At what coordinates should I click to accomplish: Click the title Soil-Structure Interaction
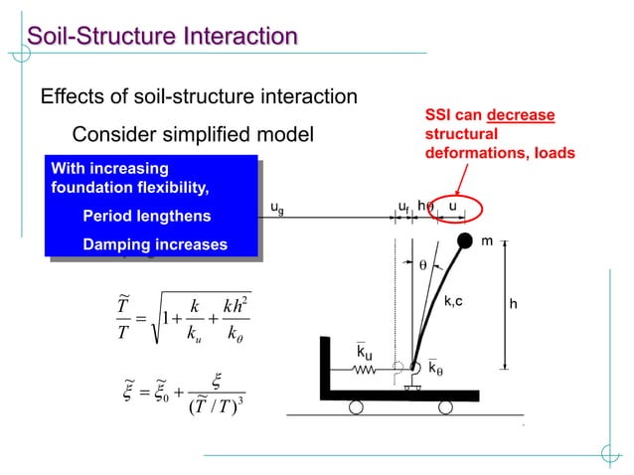[162, 38]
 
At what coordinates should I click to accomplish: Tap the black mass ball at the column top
[464, 239]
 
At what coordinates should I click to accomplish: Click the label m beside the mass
[487, 241]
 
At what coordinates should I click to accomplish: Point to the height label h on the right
[513, 304]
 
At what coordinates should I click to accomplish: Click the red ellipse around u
[453, 208]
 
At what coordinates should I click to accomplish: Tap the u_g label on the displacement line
[277, 209]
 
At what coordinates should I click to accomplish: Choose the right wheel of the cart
[445, 406]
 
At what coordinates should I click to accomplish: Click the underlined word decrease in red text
[521, 116]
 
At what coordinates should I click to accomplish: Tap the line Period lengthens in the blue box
[146, 216]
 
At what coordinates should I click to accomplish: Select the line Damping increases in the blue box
[154, 244]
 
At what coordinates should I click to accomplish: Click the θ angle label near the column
[421, 266]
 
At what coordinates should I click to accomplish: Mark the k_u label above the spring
[366, 352]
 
